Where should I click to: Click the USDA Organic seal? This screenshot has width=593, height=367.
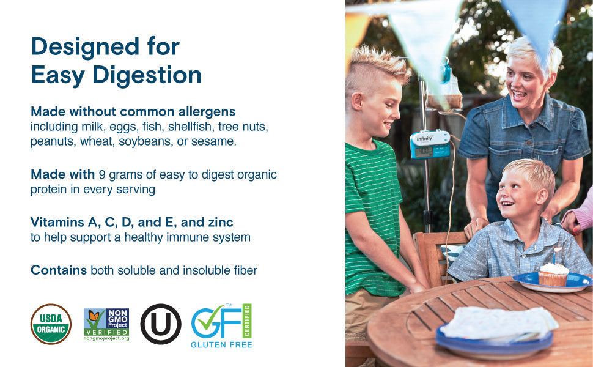51,324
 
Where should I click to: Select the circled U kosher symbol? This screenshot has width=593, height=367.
161,324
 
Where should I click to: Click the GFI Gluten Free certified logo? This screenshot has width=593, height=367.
222,326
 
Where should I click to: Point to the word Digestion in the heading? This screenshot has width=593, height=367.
147,75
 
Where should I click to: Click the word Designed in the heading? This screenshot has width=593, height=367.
85,47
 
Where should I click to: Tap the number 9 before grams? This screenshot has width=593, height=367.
101,174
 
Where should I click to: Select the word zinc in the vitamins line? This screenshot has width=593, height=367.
221,222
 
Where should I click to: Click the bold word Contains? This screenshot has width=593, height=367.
59,270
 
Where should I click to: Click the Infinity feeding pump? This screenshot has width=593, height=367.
430,144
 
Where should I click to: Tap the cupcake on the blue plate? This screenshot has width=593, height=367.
553,275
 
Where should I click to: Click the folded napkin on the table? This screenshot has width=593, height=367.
498,323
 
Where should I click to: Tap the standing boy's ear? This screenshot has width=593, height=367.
356,101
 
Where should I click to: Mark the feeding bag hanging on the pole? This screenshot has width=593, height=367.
446,93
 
